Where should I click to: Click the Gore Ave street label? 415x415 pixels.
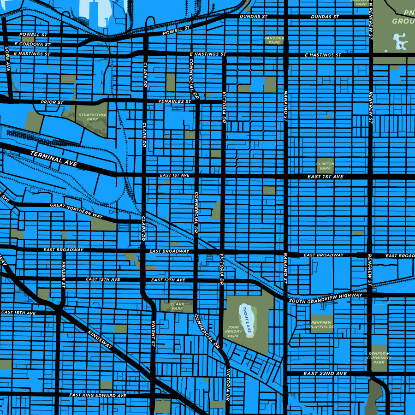(7, 59)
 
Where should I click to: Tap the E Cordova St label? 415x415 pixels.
(32, 44)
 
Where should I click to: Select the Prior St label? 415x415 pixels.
(52, 102)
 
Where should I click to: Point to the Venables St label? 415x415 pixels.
(174, 101)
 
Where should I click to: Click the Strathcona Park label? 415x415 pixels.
(89, 117)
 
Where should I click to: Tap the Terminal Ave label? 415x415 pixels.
(54, 159)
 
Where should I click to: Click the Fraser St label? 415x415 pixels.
(64, 275)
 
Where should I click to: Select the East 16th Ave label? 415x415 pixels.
(18, 313)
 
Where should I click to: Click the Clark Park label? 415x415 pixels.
(178, 306)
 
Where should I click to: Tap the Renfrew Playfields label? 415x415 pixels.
(322, 324)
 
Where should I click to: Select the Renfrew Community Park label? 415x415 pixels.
(379, 358)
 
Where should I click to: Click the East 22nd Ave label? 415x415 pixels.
(325, 373)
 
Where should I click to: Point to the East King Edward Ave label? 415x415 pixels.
(97, 395)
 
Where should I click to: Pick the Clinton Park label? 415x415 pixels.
(325, 166)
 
